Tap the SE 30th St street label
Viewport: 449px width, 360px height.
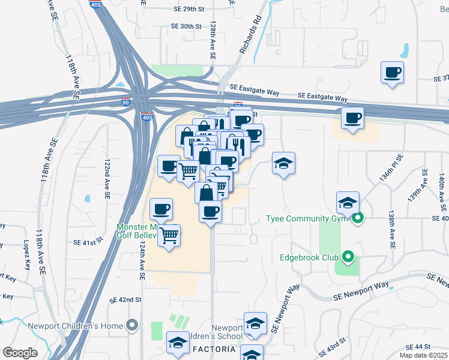(x=185, y=26)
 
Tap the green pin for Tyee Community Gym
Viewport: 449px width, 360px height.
(x=358, y=219)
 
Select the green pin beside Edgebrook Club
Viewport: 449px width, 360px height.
(x=348, y=259)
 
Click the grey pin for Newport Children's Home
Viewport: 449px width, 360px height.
(x=132, y=326)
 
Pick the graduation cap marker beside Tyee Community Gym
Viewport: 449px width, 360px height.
(x=347, y=203)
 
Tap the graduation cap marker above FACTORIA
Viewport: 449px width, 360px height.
(x=177, y=343)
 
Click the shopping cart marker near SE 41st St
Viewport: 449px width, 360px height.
(x=170, y=234)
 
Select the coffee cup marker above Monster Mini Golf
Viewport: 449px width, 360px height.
(x=161, y=209)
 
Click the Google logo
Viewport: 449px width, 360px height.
(x=20, y=352)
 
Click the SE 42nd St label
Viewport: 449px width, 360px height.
(x=125, y=299)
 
